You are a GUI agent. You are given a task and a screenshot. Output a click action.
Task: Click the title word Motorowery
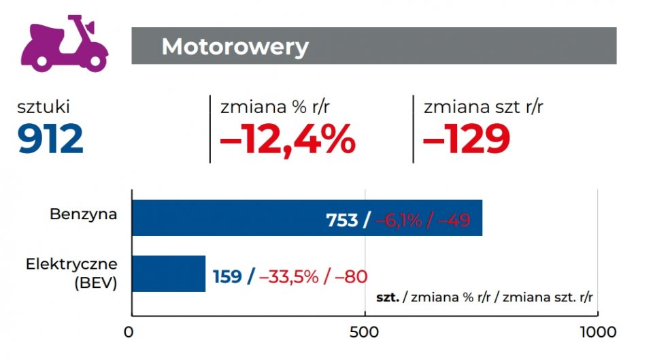(235, 47)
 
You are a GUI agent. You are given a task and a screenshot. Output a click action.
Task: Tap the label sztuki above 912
(44, 107)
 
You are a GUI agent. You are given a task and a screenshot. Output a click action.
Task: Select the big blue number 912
(50, 139)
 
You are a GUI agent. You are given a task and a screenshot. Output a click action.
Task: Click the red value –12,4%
(288, 139)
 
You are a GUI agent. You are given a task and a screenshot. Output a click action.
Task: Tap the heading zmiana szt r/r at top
(483, 107)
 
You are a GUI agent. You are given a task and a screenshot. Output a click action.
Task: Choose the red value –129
(467, 139)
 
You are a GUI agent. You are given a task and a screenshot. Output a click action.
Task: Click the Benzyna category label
(84, 214)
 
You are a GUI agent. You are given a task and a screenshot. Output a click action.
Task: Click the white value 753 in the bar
(342, 220)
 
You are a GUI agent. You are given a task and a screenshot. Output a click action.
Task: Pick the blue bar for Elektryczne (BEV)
(168, 273)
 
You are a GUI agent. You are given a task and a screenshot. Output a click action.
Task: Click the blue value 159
(227, 276)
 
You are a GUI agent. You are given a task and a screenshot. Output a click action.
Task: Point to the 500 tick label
(365, 333)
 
